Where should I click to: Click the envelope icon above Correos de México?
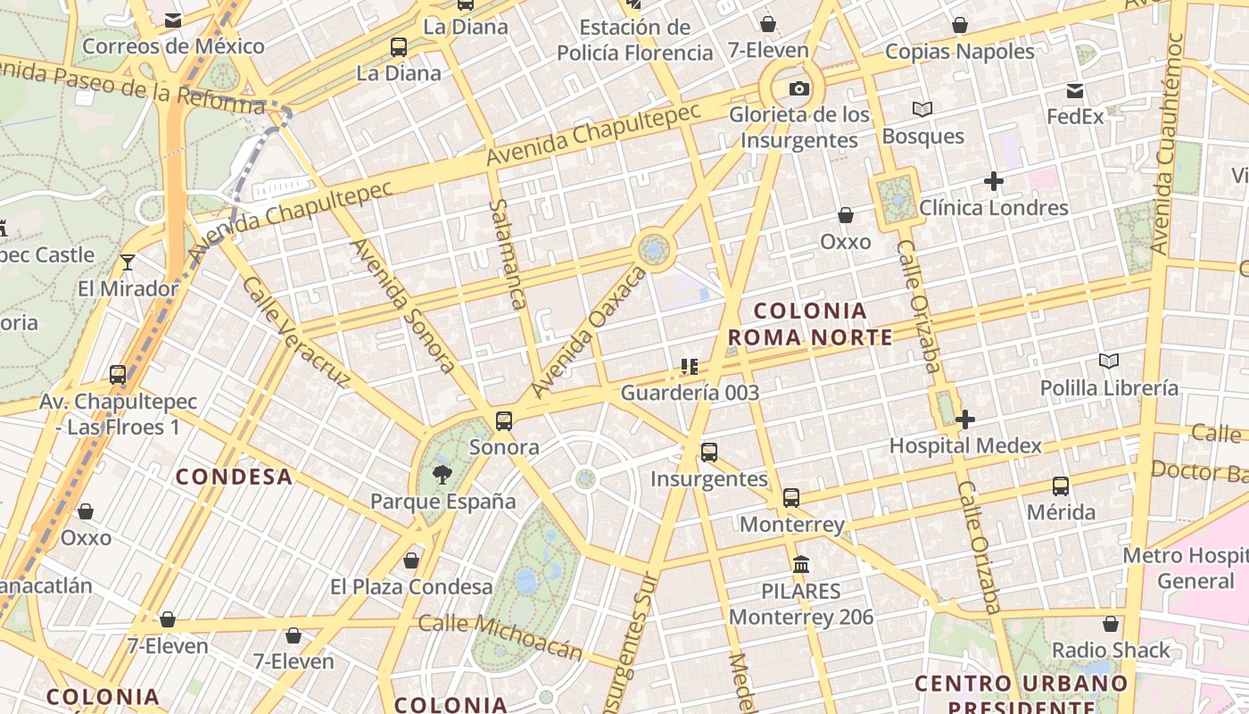pyautogui.click(x=173, y=20)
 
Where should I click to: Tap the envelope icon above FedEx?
pyautogui.click(x=1075, y=90)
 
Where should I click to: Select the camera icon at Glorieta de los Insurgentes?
pyautogui.click(x=799, y=88)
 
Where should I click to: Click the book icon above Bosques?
pyautogui.click(x=922, y=110)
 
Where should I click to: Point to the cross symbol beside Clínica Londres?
pyautogui.click(x=993, y=182)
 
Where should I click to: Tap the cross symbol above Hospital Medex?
pyautogui.click(x=964, y=419)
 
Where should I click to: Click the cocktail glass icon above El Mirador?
pyautogui.click(x=128, y=262)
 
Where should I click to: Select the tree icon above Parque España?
pyautogui.click(x=442, y=474)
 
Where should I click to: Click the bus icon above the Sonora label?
pyautogui.click(x=504, y=420)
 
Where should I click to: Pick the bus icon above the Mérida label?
pyautogui.click(x=1060, y=486)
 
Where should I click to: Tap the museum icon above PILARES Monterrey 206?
pyautogui.click(x=801, y=565)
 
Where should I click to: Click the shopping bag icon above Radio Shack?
pyautogui.click(x=1111, y=624)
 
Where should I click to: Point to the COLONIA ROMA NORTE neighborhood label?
pyautogui.click(x=810, y=324)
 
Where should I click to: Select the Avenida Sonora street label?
pyautogui.click(x=404, y=304)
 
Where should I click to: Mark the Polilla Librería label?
pyautogui.click(x=1109, y=388)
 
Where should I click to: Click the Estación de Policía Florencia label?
pyautogui.click(x=634, y=40)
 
